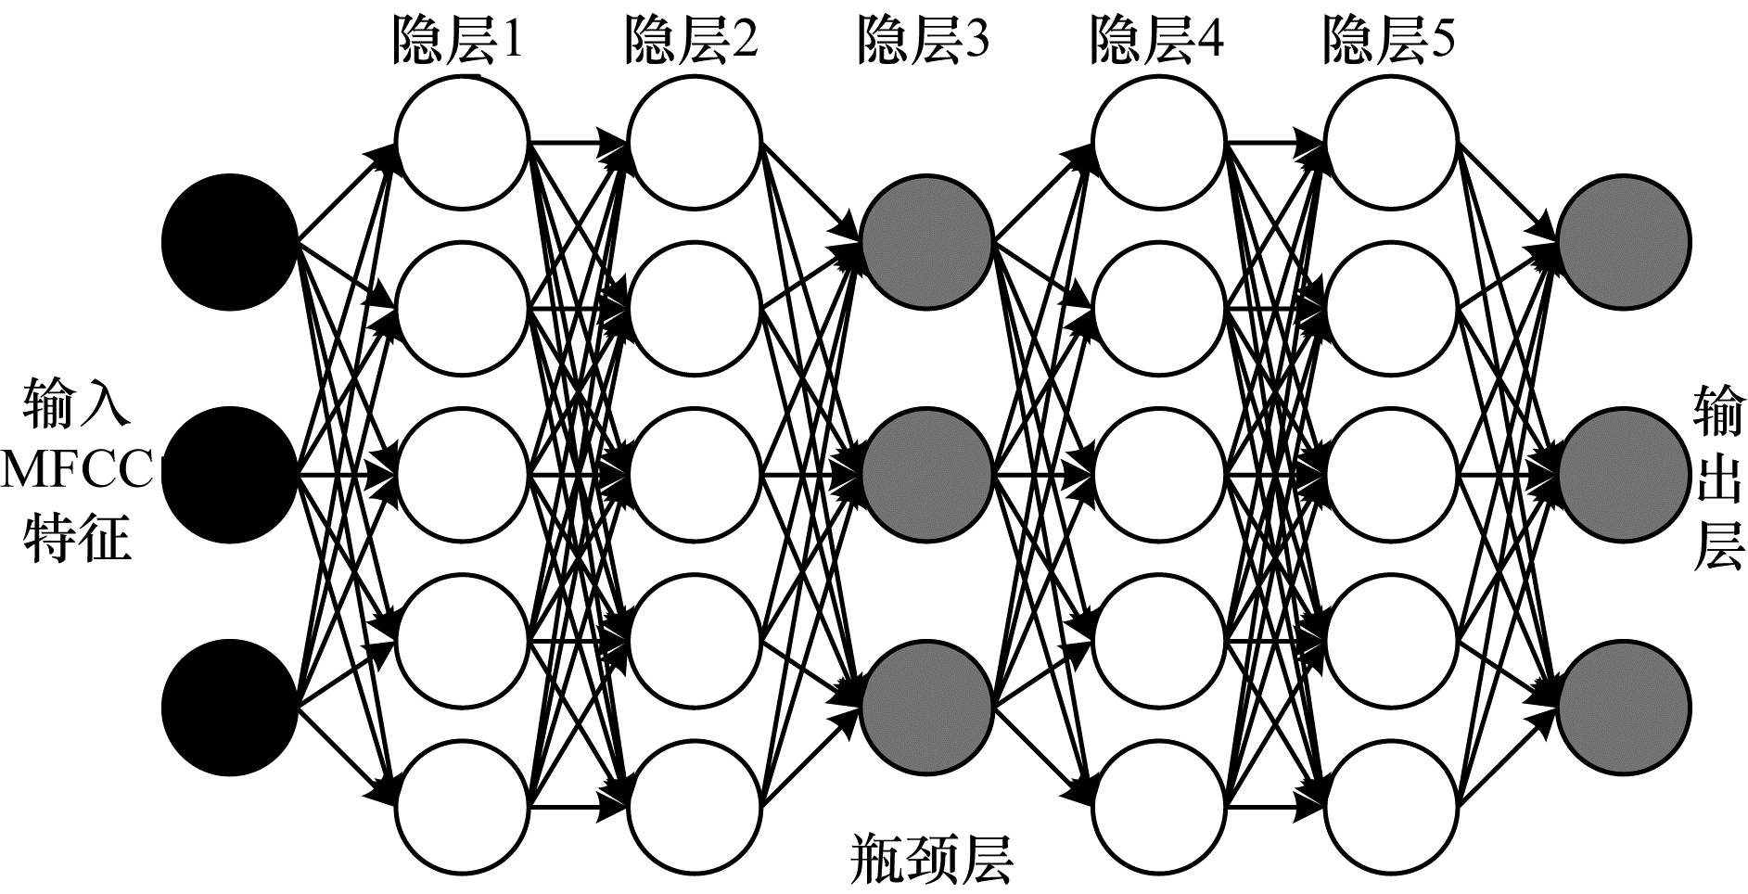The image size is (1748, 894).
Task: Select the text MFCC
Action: [x=78, y=472]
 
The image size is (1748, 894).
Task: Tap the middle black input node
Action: [x=230, y=475]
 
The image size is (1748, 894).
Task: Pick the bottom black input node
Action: [x=230, y=709]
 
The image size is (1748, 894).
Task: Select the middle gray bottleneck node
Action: [x=927, y=475]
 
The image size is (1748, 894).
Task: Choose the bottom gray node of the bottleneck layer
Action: [x=927, y=709]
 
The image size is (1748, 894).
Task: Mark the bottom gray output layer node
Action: [x=1624, y=709]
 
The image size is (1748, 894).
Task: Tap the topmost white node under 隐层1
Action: [x=462, y=142]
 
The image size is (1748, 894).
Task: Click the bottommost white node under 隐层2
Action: [x=695, y=805]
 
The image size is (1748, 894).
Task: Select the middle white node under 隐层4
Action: [x=1159, y=475]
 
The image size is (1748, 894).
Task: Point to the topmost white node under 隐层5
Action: [x=1391, y=142]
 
